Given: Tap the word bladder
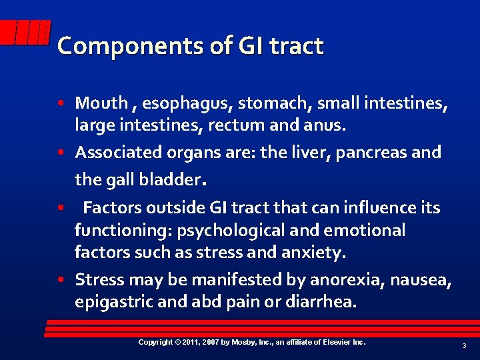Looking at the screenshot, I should point(171,179).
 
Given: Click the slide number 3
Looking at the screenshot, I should point(465,345).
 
